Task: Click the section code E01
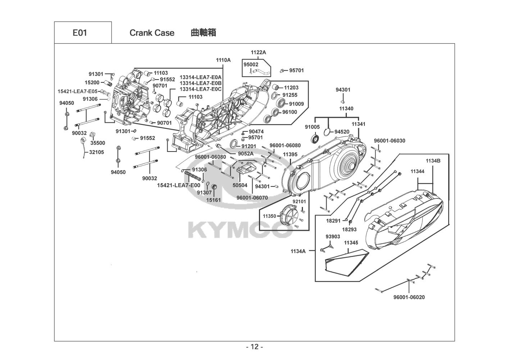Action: click(x=80, y=33)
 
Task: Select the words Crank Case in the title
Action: click(x=152, y=33)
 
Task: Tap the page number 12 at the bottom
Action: click(x=255, y=347)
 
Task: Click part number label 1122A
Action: click(x=258, y=52)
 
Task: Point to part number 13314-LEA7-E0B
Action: click(x=200, y=83)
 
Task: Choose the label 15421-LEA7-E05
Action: click(x=77, y=91)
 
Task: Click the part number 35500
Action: click(x=98, y=143)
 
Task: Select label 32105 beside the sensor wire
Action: click(x=96, y=152)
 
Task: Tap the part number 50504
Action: click(x=240, y=185)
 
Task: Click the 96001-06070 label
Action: click(x=252, y=198)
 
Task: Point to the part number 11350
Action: click(x=269, y=216)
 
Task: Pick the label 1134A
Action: click(x=298, y=251)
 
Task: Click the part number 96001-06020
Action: click(x=409, y=297)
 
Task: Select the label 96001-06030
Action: click(x=390, y=141)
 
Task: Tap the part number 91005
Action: click(x=312, y=127)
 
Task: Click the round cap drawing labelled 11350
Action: click(x=290, y=215)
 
